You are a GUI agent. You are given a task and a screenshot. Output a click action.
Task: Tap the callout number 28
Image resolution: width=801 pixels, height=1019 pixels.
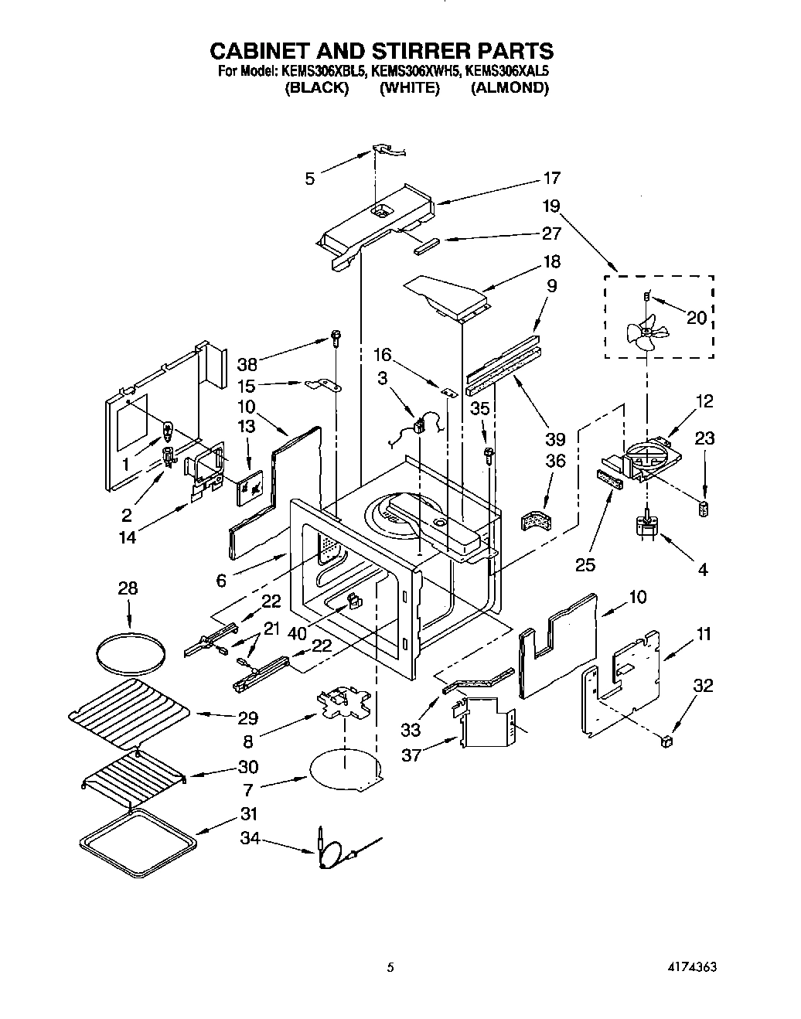click(128, 588)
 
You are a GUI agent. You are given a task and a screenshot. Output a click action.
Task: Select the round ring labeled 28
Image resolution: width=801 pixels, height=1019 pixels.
click(130, 654)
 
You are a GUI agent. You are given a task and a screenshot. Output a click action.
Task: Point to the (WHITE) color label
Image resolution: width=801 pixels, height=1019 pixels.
click(410, 87)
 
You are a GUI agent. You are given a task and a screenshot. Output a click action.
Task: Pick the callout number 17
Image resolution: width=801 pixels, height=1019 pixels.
click(551, 178)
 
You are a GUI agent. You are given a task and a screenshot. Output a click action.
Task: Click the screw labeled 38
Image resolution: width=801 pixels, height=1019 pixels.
click(336, 336)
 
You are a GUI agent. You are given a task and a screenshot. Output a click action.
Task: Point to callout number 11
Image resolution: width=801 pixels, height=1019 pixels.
click(704, 634)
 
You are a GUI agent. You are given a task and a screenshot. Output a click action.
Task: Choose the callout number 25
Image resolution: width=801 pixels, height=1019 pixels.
click(585, 565)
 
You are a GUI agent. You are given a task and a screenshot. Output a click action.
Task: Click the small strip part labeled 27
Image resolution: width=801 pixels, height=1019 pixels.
click(427, 245)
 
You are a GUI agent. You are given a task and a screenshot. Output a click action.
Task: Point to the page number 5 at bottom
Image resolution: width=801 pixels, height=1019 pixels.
click(391, 967)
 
